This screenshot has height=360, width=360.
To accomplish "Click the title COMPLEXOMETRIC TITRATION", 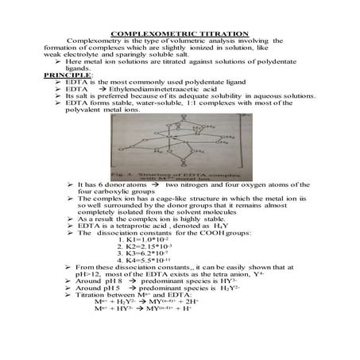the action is (179, 34).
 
